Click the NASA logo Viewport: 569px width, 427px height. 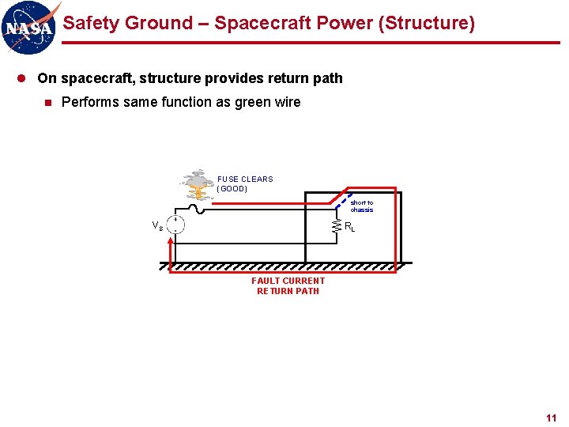point(30,26)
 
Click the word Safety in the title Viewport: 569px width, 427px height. point(89,23)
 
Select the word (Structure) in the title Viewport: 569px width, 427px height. point(428,23)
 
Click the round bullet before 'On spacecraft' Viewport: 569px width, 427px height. point(26,78)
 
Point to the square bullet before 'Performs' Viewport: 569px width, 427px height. point(48,102)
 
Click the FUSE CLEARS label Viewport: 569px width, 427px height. point(245,179)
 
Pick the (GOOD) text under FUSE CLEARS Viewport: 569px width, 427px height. point(232,189)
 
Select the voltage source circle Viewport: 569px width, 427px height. point(176,225)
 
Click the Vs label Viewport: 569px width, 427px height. point(158,225)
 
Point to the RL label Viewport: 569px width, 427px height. point(350,227)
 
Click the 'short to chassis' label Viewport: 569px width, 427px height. point(362,206)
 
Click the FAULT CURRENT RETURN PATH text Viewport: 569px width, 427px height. point(288,285)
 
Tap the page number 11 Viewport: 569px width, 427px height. point(551,418)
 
